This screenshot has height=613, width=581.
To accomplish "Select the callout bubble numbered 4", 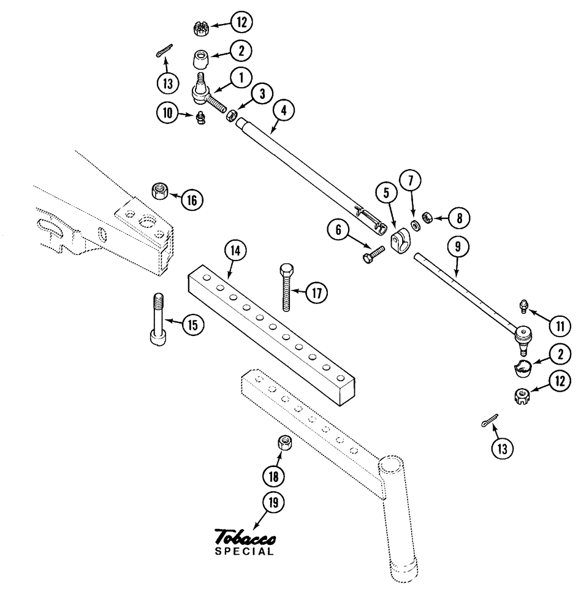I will [x=284, y=110].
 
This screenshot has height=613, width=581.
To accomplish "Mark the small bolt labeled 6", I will [x=374, y=253].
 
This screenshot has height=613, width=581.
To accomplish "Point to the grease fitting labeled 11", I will [x=524, y=305].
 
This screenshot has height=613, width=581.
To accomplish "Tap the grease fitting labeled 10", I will [x=200, y=118].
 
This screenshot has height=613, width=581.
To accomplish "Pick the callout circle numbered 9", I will [x=458, y=248].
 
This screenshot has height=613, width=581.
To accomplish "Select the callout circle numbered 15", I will [x=193, y=325].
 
